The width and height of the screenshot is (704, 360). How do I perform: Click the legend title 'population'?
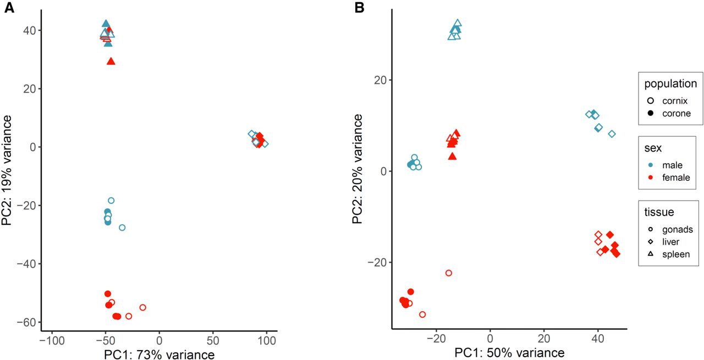(670, 84)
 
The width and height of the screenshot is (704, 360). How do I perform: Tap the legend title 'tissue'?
(659, 212)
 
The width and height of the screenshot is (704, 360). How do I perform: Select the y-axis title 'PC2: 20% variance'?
(358, 169)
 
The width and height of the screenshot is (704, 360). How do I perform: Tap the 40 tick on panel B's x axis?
(598, 341)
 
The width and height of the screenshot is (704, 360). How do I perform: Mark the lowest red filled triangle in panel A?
(111, 61)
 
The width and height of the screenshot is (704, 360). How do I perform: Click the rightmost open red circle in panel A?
(142, 307)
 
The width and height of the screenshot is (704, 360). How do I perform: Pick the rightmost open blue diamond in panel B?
(612, 134)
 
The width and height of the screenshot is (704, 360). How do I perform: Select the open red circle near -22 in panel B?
(448, 273)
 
